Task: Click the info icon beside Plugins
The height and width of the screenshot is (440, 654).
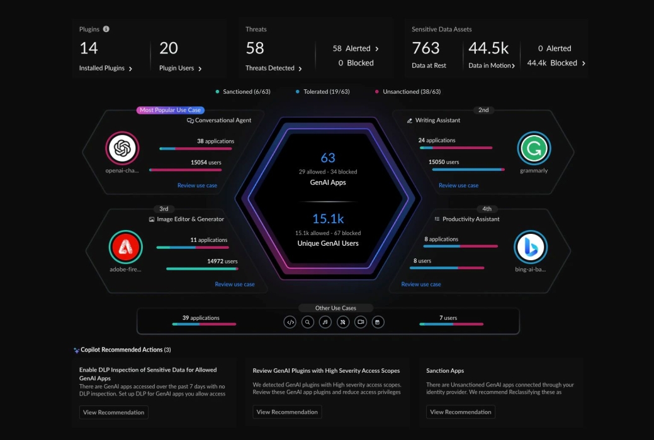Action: coord(106,29)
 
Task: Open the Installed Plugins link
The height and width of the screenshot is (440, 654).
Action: coord(105,68)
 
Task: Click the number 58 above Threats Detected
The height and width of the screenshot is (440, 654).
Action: coord(255,48)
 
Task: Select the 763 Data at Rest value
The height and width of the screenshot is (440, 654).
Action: coord(426,48)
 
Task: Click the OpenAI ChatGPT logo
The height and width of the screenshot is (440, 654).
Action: coord(122,148)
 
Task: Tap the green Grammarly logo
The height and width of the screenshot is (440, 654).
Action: coord(534,148)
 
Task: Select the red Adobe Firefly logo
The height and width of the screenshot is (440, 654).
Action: coord(125,247)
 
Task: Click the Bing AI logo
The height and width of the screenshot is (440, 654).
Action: coord(530,247)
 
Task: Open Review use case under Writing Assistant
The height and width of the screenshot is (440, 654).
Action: coord(458,185)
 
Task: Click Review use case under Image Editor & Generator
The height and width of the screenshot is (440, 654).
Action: coord(235,284)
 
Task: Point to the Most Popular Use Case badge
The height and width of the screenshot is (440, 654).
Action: coord(170,110)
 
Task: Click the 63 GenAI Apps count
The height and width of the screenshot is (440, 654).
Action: coord(328,158)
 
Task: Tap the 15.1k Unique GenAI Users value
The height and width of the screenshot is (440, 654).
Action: coord(328,219)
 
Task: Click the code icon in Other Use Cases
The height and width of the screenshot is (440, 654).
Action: coord(290,322)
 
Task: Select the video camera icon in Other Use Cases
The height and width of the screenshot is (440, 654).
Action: coord(361,322)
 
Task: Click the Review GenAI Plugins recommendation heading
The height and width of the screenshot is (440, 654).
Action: coord(326,371)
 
